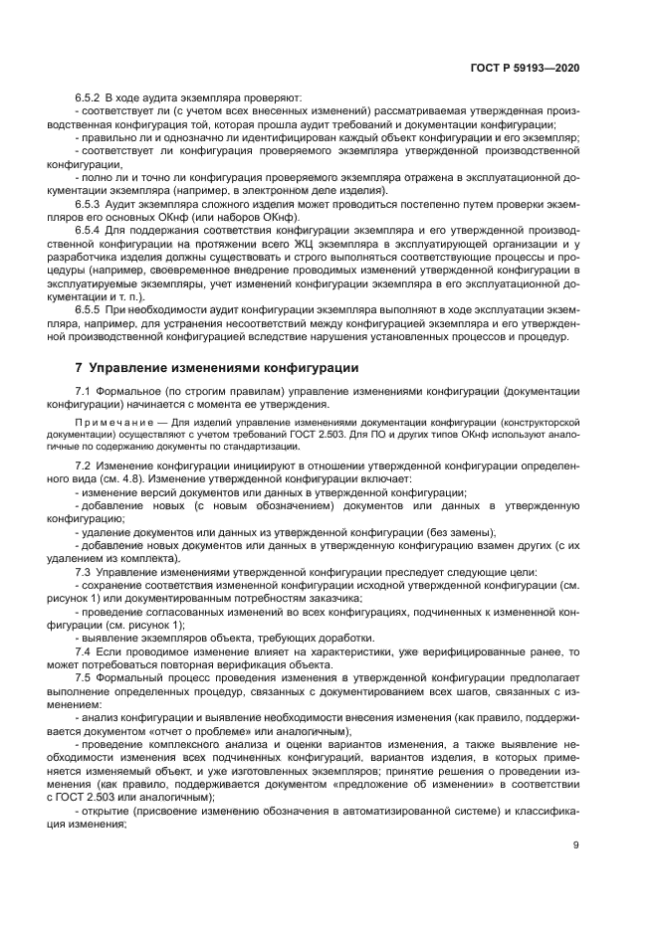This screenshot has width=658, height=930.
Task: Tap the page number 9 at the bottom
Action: point(576,845)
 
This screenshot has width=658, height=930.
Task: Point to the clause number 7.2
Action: point(84,465)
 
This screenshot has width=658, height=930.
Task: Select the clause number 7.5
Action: point(84,676)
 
